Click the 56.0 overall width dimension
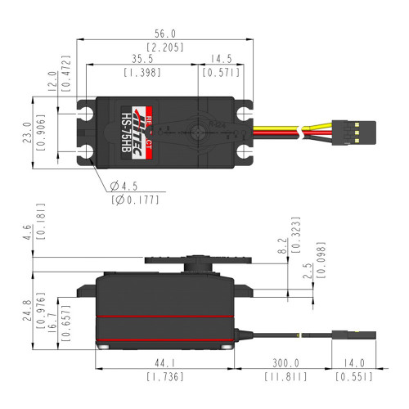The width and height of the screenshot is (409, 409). [x=165, y=34]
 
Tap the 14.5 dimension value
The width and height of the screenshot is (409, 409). [x=221, y=60]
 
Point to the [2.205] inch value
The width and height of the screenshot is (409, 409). [x=165, y=47]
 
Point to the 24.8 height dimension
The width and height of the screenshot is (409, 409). [x=31, y=312]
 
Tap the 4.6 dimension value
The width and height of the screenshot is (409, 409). [x=31, y=232]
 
